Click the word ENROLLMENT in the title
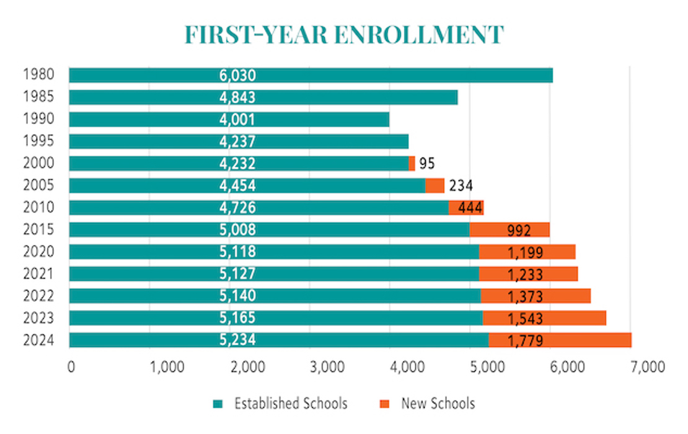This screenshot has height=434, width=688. (x=418, y=35)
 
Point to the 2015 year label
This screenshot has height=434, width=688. (x=38, y=229)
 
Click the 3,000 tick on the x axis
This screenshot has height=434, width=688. (x=325, y=366)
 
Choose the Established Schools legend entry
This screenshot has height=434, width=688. (x=290, y=404)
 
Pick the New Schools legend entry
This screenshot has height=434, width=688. (x=438, y=404)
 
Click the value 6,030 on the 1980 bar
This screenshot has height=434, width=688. (x=237, y=76)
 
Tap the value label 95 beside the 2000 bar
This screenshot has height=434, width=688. (x=426, y=164)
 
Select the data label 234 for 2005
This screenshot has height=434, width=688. (x=461, y=186)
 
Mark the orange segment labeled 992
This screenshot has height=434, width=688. (x=509, y=230)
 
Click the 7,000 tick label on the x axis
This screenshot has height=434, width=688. (x=646, y=366)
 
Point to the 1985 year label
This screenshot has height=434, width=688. (x=38, y=97)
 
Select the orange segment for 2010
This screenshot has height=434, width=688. (x=466, y=208)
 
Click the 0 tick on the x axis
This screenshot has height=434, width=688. (x=71, y=366)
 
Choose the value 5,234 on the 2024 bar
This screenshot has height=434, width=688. (x=237, y=340)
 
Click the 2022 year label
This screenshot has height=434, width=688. (x=38, y=296)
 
